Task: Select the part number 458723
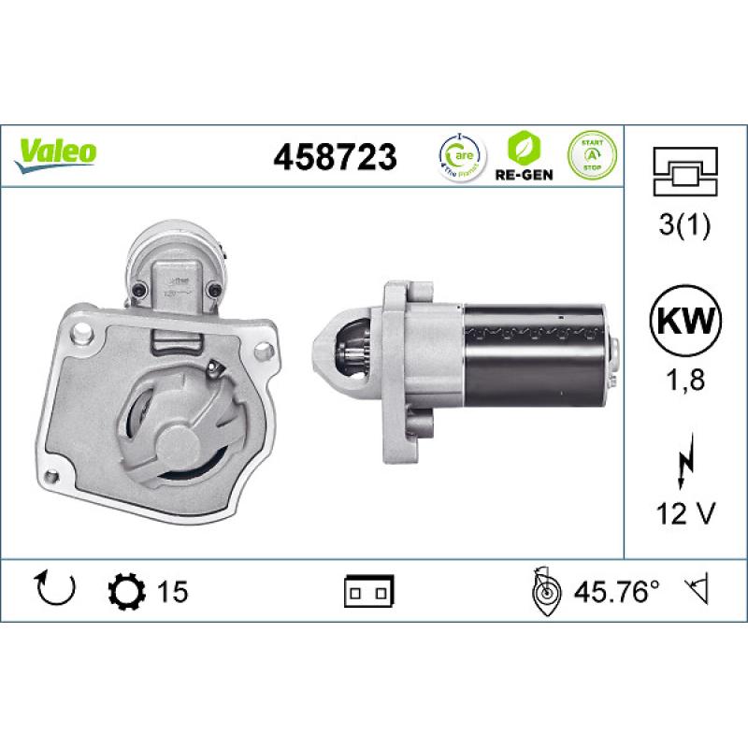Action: click(x=334, y=156)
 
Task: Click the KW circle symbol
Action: click(x=686, y=324)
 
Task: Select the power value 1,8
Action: click(x=686, y=380)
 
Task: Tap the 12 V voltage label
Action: click(x=686, y=512)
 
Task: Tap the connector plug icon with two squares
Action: click(x=369, y=591)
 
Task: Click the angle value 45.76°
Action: click(x=615, y=591)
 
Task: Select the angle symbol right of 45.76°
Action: click(x=697, y=591)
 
